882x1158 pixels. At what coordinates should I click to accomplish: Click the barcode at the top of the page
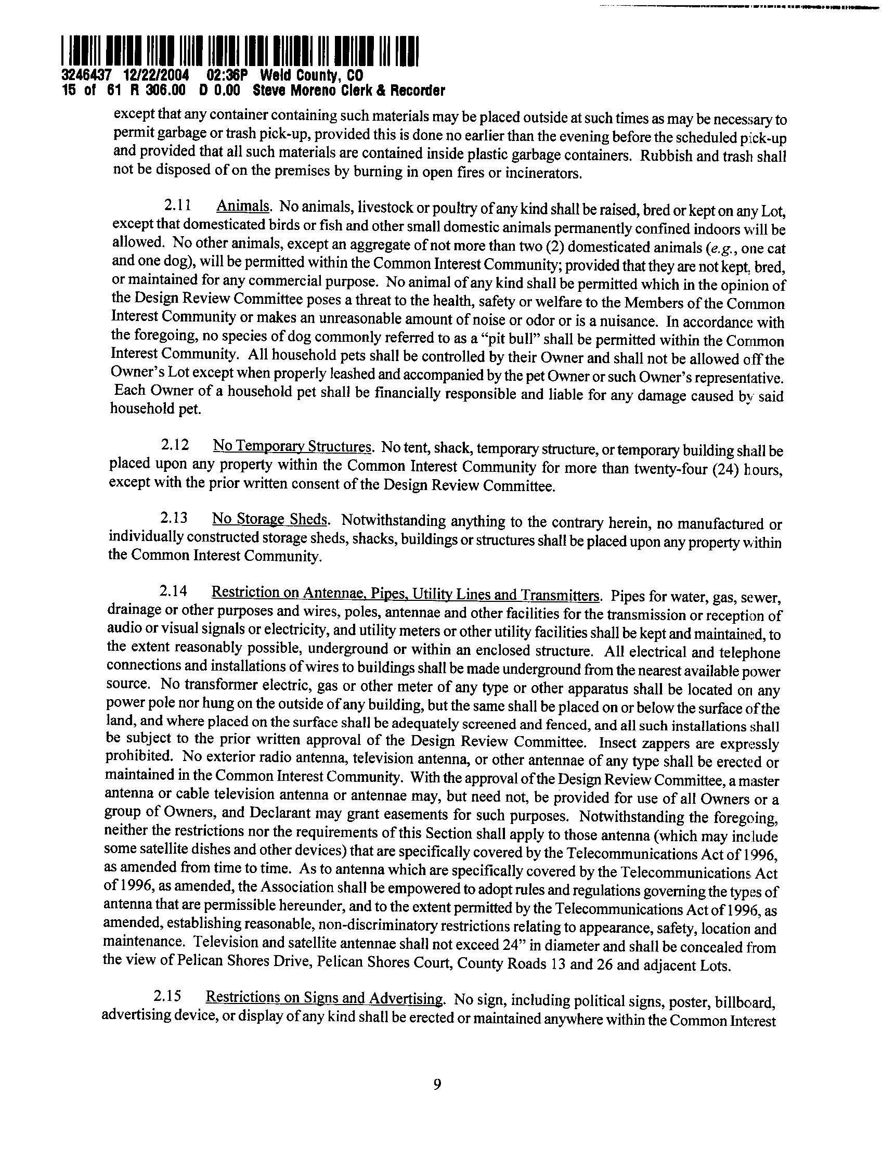[x=239, y=51]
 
